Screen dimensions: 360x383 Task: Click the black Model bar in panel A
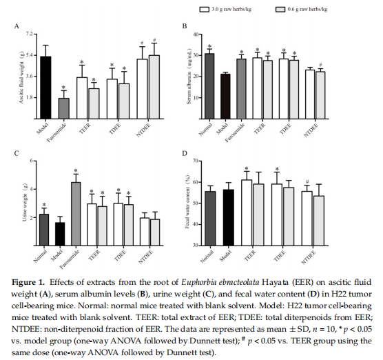tap(45, 88)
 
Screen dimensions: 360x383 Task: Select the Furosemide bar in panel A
tap(63, 108)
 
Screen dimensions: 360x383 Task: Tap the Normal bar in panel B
tap(209, 86)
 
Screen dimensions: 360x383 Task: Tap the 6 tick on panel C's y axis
tap(32, 161)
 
